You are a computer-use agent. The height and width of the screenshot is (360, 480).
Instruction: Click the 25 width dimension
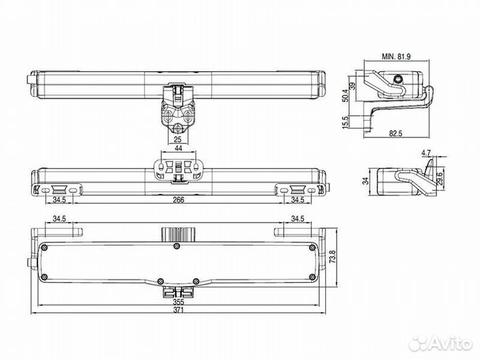[x=177, y=140]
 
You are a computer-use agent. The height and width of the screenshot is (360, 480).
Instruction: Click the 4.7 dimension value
[x=426, y=153]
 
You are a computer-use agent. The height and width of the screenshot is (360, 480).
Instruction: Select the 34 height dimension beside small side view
[x=365, y=179]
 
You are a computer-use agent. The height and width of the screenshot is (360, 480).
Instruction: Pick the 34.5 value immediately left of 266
[x=59, y=199]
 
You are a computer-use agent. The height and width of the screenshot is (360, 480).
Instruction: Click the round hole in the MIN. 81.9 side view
[x=399, y=81]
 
